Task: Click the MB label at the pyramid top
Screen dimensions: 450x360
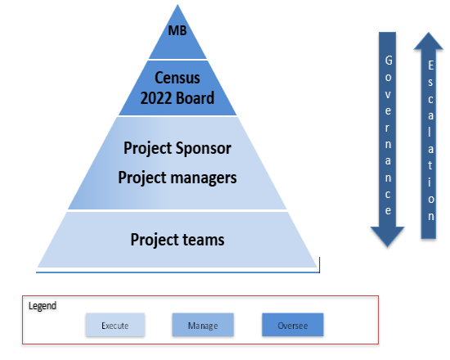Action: (178, 30)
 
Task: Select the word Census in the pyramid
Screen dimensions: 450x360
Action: (178, 78)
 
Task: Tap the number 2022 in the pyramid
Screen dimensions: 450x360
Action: (156, 98)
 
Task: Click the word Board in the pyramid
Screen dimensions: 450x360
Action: (196, 98)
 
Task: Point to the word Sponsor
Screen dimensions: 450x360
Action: (204, 148)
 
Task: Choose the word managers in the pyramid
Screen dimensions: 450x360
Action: (204, 178)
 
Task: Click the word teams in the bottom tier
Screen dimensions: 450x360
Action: (204, 240)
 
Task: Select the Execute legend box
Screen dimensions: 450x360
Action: (115, 325)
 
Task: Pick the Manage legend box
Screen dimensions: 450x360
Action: (203, 325)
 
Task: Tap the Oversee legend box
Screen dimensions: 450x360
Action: (293, 325)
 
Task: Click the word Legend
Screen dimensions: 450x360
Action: (43, 306)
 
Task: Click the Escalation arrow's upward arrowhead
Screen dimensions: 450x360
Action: (429, 41)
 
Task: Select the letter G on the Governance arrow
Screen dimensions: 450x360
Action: (389, 61)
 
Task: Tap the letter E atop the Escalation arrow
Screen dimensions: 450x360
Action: (430, 65)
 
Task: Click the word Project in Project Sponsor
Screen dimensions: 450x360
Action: (147, 149)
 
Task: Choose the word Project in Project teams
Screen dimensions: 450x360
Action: (155, 240)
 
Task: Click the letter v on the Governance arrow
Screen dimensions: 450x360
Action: (388, 95)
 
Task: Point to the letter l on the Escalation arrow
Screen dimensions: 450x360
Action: (430, 132)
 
